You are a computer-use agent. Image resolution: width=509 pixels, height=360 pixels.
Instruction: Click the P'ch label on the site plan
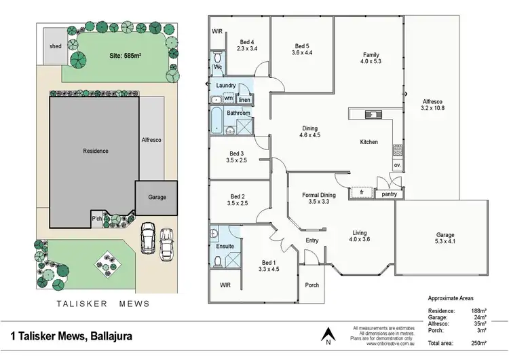[97, 218]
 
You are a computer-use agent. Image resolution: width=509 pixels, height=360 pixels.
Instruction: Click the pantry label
[389, 194]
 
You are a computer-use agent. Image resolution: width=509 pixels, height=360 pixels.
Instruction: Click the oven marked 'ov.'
[398, 164]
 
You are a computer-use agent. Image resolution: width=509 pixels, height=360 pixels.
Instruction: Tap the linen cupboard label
[244, 100]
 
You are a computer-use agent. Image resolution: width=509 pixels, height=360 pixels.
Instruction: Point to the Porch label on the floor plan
[312, 285]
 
